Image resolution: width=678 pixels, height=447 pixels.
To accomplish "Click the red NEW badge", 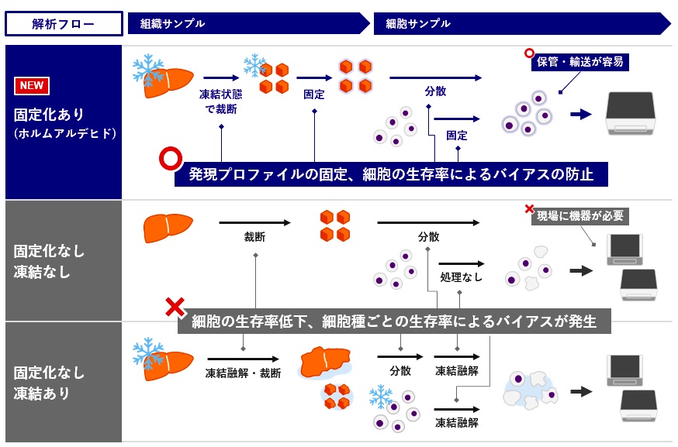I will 32,85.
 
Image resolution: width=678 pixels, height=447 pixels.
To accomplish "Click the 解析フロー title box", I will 64,24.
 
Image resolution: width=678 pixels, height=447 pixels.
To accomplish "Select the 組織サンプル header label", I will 172,24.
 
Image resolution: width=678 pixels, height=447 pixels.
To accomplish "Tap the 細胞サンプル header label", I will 417,24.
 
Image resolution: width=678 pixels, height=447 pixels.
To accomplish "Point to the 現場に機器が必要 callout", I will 579,216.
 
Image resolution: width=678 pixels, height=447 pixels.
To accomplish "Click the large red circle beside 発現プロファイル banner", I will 169,159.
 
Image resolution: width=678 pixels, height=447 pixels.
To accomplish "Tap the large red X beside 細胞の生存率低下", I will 175,308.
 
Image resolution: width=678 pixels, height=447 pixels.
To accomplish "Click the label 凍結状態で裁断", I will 218,101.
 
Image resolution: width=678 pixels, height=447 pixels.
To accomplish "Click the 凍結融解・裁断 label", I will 243,373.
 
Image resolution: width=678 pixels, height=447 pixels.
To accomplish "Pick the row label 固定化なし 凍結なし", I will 49,261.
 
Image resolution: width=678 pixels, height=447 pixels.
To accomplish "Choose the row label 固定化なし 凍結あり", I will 49,383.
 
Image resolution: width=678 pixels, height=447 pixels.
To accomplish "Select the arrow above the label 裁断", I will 255,223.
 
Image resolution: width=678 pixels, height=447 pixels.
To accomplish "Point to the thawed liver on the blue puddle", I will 326,359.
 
